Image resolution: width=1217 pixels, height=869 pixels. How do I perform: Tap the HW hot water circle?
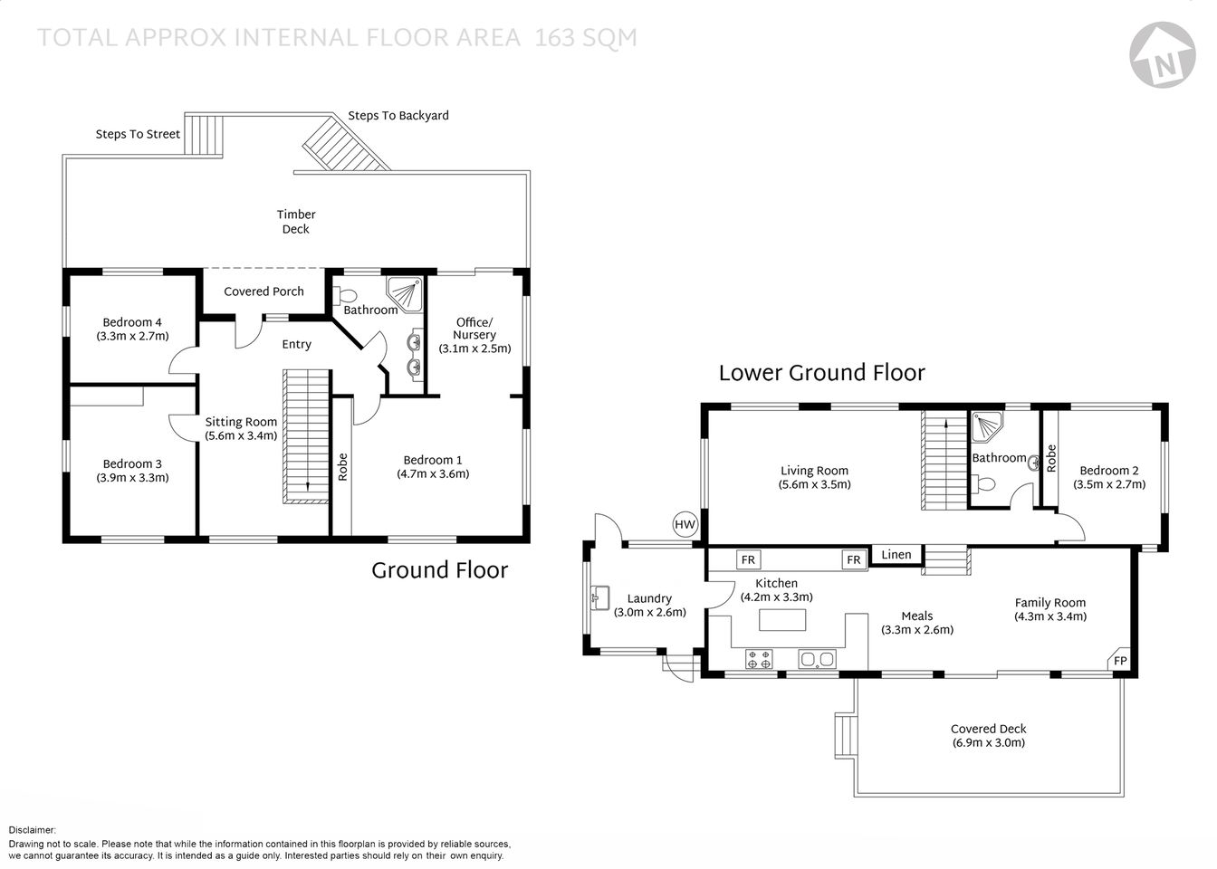[x=685, y=524]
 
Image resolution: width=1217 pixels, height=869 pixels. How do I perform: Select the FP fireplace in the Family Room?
[x=1119, y=661]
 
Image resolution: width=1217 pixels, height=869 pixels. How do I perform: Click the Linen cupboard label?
[x=896, y=555]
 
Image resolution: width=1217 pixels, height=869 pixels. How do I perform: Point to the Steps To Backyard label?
[x=398, y=116]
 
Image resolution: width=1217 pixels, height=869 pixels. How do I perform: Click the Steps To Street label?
[x=138, y=134]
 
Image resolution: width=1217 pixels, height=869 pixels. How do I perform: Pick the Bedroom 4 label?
[x=132, y=322]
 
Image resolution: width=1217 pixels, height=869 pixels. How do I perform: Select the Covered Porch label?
[x=264, y=291]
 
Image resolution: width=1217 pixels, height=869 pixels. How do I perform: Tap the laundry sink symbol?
[x=599, y=596]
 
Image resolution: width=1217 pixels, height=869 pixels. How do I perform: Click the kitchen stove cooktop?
[x=758, y=659]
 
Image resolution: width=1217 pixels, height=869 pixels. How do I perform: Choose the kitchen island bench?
[x=781, y=620]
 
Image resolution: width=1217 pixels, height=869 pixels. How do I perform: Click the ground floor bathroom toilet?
[x=345, y=295]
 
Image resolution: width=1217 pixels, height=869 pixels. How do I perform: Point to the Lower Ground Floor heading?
[x=821, y=373]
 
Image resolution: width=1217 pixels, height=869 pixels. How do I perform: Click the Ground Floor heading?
[x=439, y=570]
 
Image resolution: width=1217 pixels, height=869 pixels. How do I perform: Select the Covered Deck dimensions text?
[x=988, y=743]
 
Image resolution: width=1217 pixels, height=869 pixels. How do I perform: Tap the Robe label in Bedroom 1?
[x=342, y=466]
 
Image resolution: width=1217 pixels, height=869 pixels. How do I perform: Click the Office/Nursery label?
[x=474, y=329]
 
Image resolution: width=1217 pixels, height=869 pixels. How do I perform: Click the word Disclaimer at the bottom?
[x=33, y=830]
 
